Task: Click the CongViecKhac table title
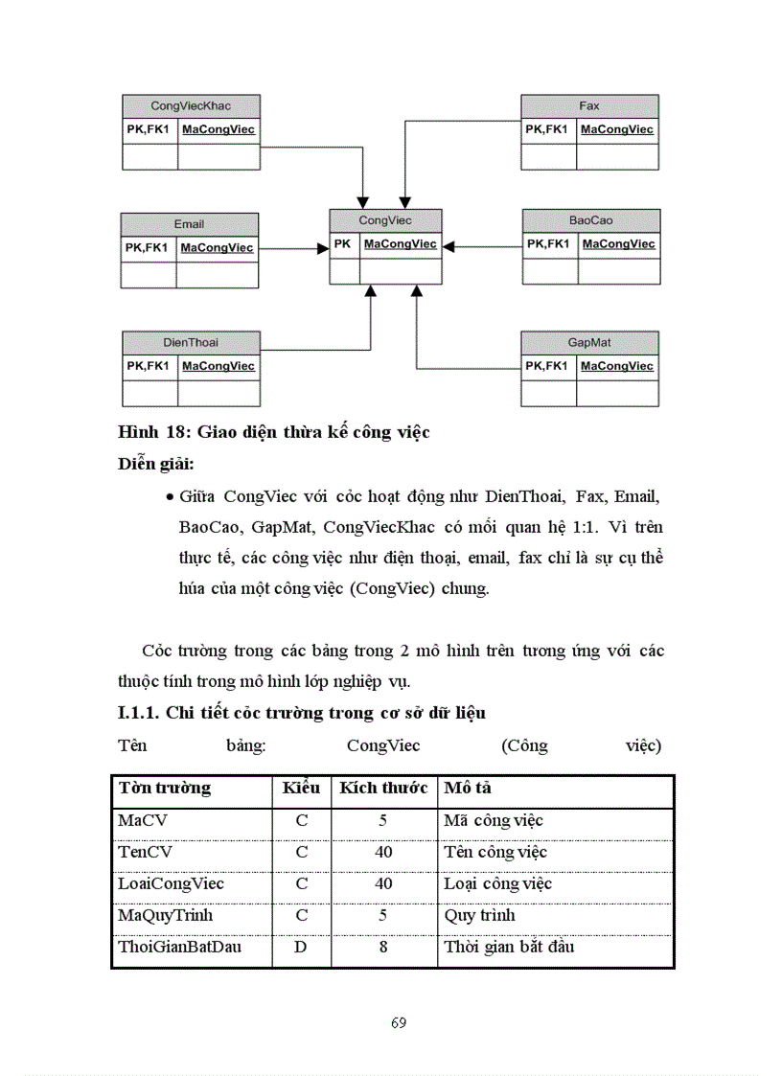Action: click(x=191, y=105)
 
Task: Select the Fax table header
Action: click(x=589, y=105)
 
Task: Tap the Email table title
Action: click(x=189, y=224)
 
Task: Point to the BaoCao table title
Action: click(x=590, y=220)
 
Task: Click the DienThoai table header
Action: click(x=191, y=342)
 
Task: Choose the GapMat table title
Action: click(x=589, y=342)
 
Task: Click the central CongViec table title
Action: click(x=385, y=220)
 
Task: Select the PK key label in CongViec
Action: click(x=342, y=244)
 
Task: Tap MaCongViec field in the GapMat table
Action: click(x=617, y=366)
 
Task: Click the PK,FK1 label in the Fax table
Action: click(x=547, y=129)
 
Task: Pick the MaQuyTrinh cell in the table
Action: click(x=165, y=915)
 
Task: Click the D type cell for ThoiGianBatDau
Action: click(x=301, y=948)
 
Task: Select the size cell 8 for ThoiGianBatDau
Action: click(x=383, y=948)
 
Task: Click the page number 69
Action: click(x=399, y=1022)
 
